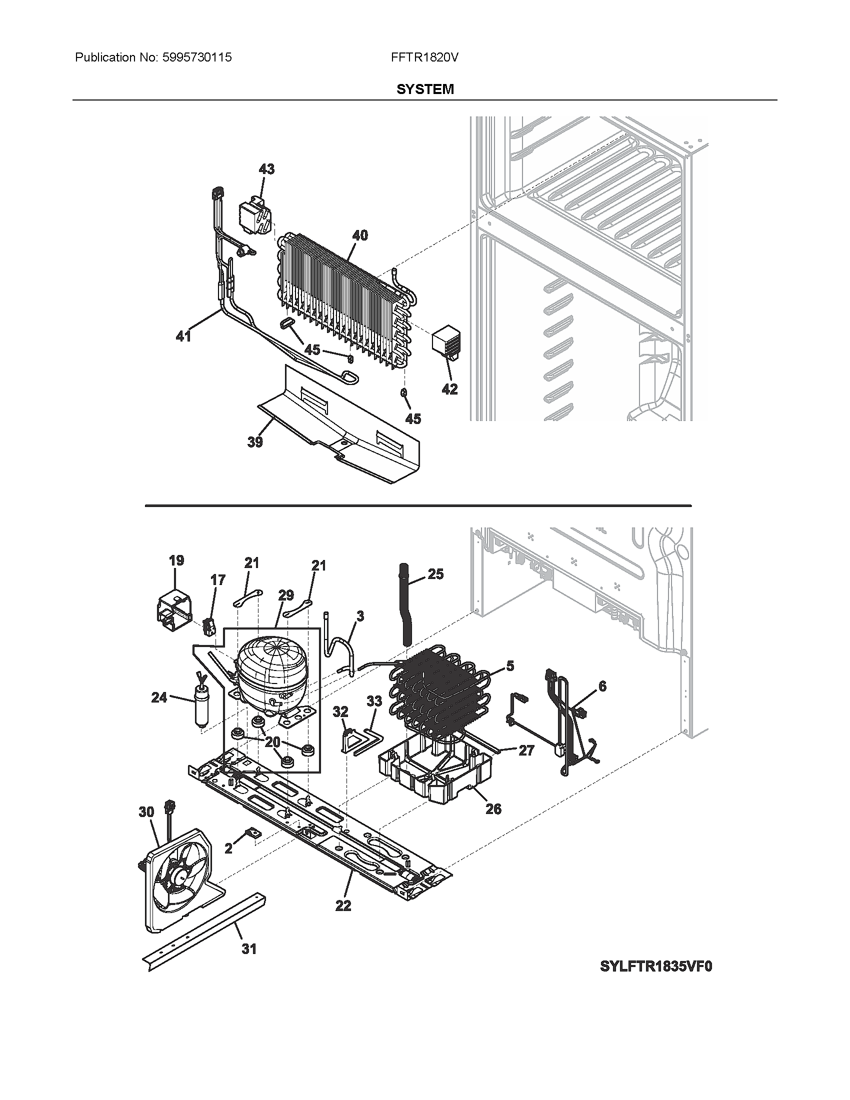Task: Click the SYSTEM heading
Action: (424, 89)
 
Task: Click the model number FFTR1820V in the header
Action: (424, 57)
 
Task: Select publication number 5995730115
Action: (197, 57)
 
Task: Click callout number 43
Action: (266, 169)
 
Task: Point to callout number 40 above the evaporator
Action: (359, 235)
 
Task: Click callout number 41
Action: (183, 335)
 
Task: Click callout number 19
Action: (176, 560)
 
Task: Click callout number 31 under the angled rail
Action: (249, 949)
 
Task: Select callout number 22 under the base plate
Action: (343, 905)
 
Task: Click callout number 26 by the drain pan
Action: (493, 808)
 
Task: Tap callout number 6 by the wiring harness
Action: (602, 686)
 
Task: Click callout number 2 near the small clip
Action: (228, 848)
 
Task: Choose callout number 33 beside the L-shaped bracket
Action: (374, 701)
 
